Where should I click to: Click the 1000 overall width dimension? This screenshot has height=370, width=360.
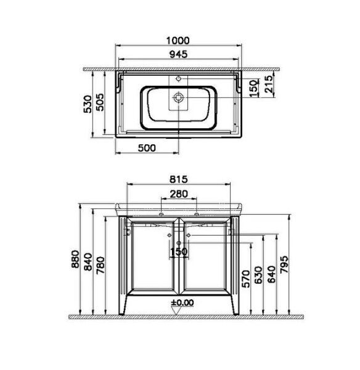pyautogui.click(x=178, y=40)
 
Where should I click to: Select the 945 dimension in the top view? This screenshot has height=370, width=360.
pyautogui.click(x=178, y=54)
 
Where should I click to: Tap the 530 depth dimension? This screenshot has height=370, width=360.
pyautogui.click(x=88, y=104)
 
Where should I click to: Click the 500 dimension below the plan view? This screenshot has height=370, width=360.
pyautogui.click(x=146, y=147)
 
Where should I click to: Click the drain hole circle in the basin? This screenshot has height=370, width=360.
pyautogui.click(x=178, y=97)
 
